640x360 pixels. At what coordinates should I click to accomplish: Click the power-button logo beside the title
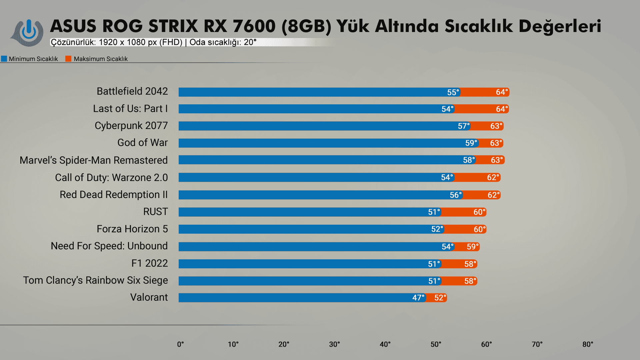(28, 32)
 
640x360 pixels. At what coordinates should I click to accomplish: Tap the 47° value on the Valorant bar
(418, 298)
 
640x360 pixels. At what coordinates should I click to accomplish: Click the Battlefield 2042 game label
(132, 91)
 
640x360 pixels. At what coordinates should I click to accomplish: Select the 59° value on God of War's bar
(471, 143)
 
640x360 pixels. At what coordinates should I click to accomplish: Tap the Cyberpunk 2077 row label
(131, 126)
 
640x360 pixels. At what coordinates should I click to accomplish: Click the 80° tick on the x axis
(588, 344)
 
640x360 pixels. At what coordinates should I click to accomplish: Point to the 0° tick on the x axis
(180, 344)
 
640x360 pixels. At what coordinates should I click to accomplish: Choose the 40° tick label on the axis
(385, 344)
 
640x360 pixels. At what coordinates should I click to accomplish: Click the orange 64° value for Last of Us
(502, 109)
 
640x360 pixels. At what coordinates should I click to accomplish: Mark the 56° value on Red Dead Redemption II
(456, 195)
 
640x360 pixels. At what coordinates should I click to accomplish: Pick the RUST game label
(155, 212)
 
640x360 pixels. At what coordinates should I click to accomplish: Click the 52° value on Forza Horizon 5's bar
(437, 229)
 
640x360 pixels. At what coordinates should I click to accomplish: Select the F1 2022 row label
(149, 263)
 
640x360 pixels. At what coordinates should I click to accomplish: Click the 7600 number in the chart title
(254, 26)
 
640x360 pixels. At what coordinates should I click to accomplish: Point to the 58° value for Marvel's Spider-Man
(469, 160)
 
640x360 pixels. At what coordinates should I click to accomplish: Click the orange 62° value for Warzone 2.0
(493, 177)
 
